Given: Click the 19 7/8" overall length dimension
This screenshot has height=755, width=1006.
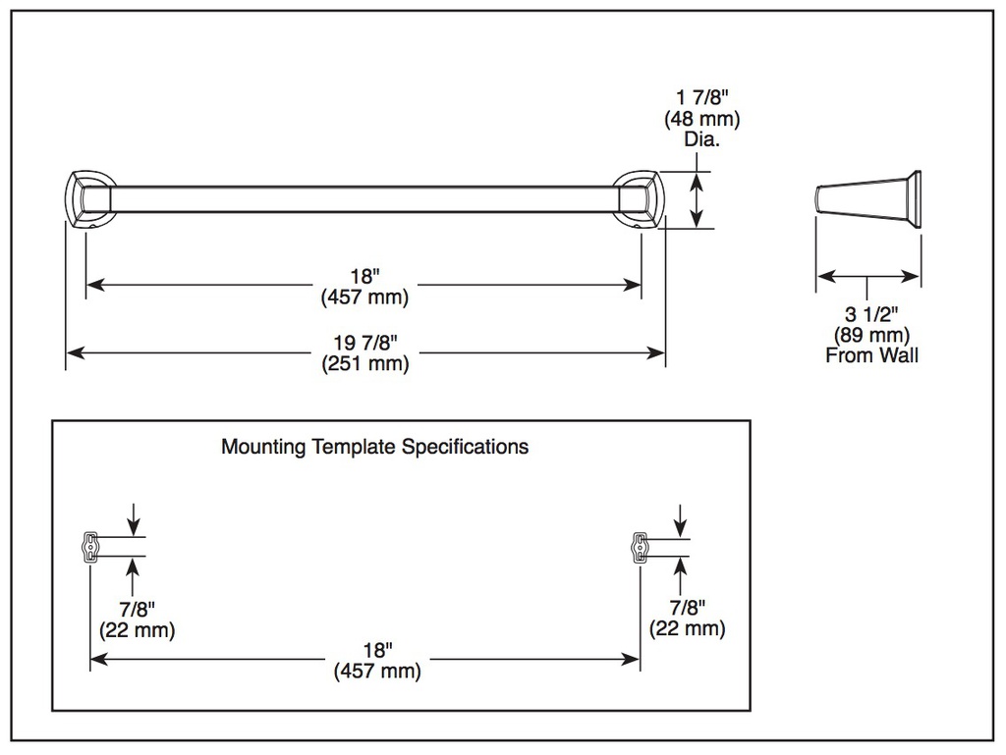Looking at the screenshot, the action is coord(365,343).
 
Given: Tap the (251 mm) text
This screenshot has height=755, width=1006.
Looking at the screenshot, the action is coord(365,363).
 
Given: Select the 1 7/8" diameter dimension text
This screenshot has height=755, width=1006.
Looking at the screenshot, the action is coord(702,97).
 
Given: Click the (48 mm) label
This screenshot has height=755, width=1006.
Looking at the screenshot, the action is coord(701,119).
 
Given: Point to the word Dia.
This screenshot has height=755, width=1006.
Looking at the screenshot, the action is coord(701,139).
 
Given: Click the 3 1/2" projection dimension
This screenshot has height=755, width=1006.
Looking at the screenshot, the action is coord(871,314).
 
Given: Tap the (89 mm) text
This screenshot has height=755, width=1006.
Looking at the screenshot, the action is coord(871,335).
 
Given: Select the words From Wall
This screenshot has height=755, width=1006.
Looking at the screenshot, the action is coord(871,355).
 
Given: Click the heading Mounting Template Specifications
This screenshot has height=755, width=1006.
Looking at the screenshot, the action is coord(374,446).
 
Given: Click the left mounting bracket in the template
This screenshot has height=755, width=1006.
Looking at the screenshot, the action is coord(90,547).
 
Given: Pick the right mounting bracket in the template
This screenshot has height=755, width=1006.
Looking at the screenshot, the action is coord(640,547).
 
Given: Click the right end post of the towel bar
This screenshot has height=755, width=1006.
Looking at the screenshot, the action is coord(636,199).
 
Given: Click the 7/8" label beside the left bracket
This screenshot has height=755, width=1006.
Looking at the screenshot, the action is coord(138,609).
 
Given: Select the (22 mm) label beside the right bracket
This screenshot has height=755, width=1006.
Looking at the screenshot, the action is coord(687,628).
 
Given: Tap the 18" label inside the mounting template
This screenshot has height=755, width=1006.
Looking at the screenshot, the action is coord(378,650).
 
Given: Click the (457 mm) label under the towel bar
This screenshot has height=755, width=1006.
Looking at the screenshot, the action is coord(365,297).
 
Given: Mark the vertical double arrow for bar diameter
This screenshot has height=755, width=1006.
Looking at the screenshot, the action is coord(697,199).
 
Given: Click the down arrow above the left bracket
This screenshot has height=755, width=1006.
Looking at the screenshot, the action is coord(133,518).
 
